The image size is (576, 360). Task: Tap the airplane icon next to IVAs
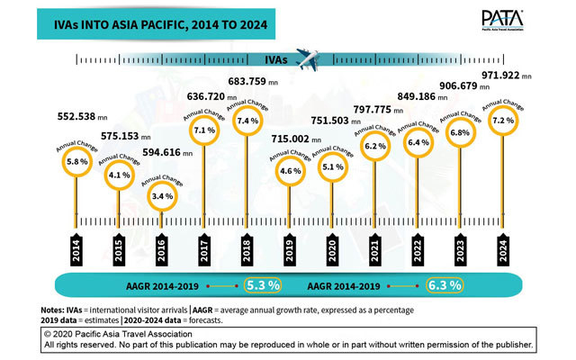click(x=309, y=59)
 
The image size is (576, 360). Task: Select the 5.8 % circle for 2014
click(x=76, y=161)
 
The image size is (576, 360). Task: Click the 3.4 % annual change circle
click(x=161, y=194)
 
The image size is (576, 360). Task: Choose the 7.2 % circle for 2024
click(x=502, y=120)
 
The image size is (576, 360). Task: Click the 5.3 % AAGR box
click(x=263, y=285)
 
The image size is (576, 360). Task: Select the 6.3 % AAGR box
click(x=445, y=285)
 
